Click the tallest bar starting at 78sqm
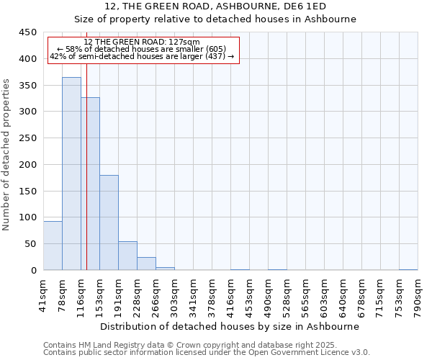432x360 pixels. click(71, 173)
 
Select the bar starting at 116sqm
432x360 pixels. click(90, 184)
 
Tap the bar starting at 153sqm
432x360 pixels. click(109, 222)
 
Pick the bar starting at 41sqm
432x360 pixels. click(53, 246)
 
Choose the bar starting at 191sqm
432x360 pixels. click(127, 256)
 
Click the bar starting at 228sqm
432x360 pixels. click(146, 264)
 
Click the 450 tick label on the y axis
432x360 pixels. click(28, 32)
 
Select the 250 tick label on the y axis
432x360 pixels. click(28, 138)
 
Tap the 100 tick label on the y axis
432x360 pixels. click(28, 217)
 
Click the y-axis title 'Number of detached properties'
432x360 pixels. click(7, 155)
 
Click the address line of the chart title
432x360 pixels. click(215, 6)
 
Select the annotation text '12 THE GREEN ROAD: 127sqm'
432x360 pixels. click(142, 42)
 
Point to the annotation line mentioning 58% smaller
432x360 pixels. click(142, 49)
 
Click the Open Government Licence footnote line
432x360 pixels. click(207, 353)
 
